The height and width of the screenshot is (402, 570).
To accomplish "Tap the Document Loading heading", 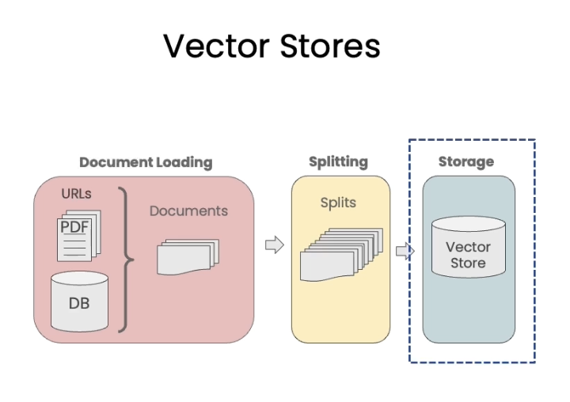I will (x=146, y=162).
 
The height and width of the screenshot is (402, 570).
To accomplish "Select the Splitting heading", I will (x=338, y=161).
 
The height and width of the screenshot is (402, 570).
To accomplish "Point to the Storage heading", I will (x=465, y=161).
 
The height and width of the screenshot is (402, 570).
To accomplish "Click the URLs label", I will (x=76, y=193).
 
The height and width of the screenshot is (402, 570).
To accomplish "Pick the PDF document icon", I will (x=78, y=233).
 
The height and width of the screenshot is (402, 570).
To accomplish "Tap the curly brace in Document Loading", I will (x=126, y=260).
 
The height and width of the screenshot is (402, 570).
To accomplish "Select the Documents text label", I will (x=188, y=210).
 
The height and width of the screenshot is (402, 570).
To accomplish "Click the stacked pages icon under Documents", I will (x=187, y=256).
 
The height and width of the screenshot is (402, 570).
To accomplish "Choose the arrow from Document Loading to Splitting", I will (x=273, y=245).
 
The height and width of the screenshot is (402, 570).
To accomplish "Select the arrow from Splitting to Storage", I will (x=404, y=252).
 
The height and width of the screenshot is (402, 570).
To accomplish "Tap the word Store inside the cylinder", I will (x=468, y=263).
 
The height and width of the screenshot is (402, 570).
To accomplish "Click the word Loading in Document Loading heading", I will (x=184, y=162).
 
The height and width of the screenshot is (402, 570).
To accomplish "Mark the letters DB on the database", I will (x=79, y=303).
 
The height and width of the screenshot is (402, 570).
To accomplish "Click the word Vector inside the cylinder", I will (x=468, y=247).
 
